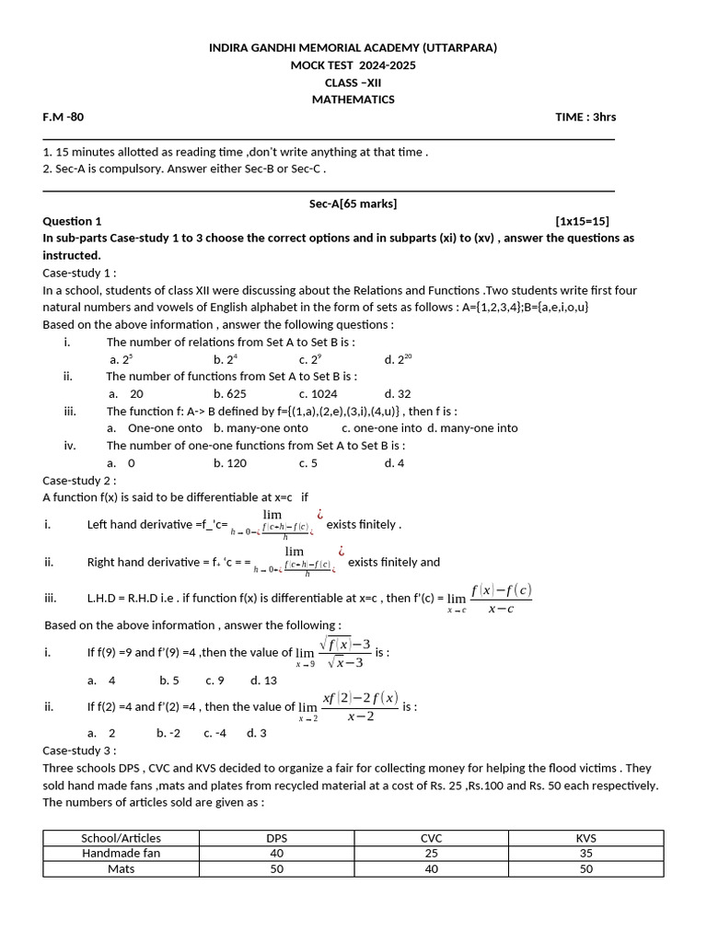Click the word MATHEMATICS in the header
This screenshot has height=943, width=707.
[353, 99]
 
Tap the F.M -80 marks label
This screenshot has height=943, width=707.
[64, 117]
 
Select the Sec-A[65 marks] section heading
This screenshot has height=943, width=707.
[353, 204]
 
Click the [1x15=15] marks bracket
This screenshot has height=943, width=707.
[582, 221]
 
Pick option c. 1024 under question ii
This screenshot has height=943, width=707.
[317, 393]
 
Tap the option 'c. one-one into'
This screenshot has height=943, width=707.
[381, 428]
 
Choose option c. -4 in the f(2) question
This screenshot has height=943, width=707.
[214, 733]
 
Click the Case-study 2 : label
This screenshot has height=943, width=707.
[79, 481]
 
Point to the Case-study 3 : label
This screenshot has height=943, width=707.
[79, 751]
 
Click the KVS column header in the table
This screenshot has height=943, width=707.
[585, 838]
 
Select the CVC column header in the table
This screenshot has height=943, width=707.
[431, 838]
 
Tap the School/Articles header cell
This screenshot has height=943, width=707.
[121, 838]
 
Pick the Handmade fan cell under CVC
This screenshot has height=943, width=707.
[431, 854]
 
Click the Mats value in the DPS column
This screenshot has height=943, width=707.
[276, 868]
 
